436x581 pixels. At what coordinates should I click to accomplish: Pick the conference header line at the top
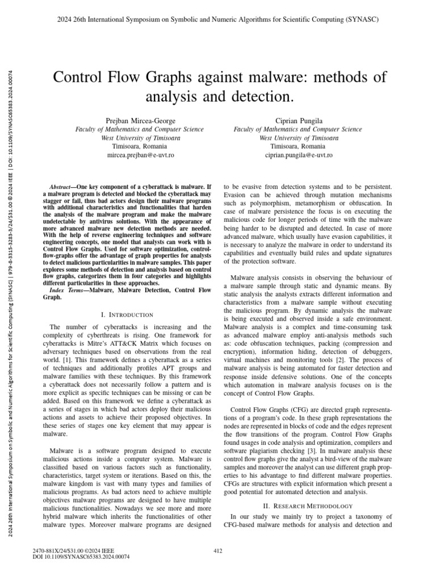pos(218,19)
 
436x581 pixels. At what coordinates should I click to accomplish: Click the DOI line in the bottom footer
pos(82,557)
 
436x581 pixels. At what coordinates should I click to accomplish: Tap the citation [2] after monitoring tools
pos(321,359)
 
